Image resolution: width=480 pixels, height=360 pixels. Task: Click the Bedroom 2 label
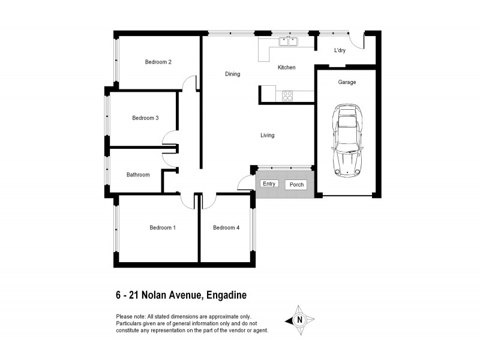(x=158, y=62)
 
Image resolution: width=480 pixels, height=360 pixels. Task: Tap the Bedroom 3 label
(x=145, y=118)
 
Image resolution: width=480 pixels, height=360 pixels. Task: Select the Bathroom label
(x=138, y=175)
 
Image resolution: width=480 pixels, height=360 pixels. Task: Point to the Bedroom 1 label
(x=162, y=227)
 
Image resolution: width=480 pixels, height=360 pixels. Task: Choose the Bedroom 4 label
(x=226, y=227)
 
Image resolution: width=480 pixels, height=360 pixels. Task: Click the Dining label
(x=232, y=74)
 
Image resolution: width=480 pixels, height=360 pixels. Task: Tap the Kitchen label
(x=286, y=68)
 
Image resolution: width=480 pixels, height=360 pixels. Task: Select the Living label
(x=267, y=135)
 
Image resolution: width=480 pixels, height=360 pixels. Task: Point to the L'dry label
(x=340, y=50)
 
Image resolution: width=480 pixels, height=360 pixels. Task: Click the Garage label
(x=347, y=82)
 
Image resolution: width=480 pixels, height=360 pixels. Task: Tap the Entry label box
(x=269, y=184)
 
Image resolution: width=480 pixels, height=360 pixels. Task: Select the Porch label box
(x=296, y=184)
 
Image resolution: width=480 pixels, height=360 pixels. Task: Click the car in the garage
(x=347, y=140)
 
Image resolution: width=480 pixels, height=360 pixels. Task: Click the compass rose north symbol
(x=299, y=320)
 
